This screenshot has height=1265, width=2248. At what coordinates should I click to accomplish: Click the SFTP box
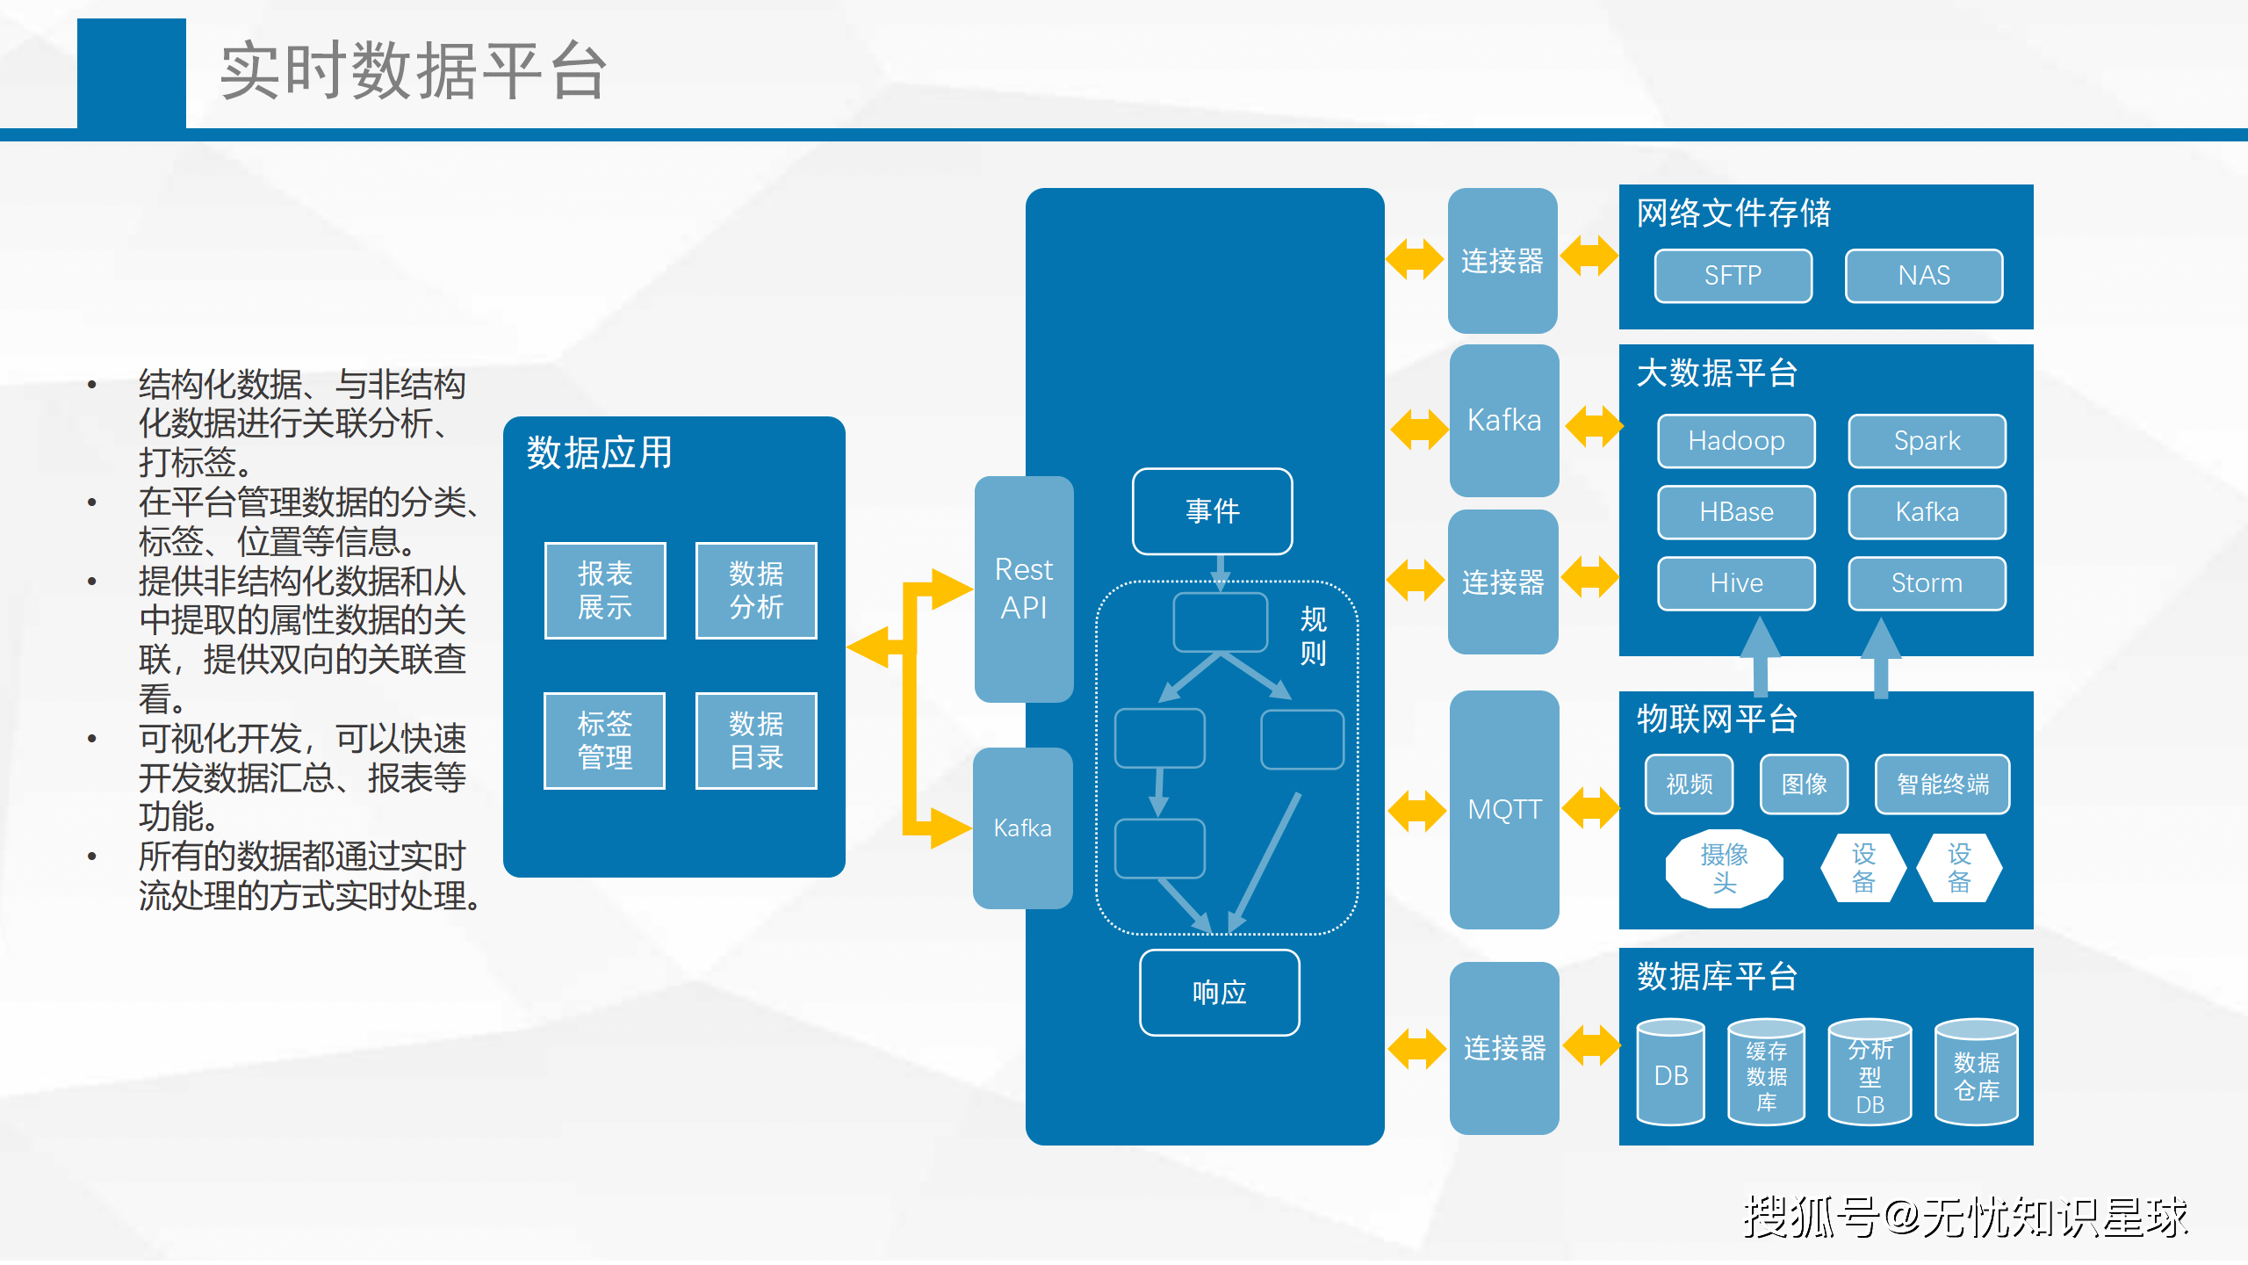tap(1733, 276)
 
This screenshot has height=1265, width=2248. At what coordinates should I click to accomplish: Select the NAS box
tap(1923, 276)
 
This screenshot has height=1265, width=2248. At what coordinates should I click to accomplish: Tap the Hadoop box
tap(1736, 441)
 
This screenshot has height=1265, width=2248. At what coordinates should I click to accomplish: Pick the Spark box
tap(1927, 441)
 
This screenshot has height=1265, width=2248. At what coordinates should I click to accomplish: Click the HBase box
tap(1736, 512)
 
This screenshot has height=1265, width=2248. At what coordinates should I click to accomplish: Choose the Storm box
tap(1927, 583)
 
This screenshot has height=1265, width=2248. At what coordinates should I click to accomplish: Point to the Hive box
tap(1736, 583)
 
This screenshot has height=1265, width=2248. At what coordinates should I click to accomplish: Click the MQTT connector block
tap(1504, 809)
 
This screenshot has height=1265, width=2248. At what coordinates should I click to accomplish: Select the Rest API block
tap(1024, 589)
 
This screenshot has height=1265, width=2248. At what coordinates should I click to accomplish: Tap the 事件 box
tap(1212, 511)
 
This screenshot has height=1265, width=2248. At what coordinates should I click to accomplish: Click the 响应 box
tap(1219, 993)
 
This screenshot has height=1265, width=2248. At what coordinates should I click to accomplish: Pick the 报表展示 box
tap(605, 590)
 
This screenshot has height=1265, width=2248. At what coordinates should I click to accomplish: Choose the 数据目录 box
tap(756, 741)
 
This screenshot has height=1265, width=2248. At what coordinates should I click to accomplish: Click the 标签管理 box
tap(605, 741)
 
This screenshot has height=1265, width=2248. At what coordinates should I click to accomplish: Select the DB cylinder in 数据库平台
tap(1670, 1073)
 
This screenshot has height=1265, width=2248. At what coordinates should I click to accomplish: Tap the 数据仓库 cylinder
tap(1976, 1073)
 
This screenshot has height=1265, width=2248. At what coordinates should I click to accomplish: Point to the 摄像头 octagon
tap(1724, 868)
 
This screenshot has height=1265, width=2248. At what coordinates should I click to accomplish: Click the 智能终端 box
tap(1942, 784)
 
